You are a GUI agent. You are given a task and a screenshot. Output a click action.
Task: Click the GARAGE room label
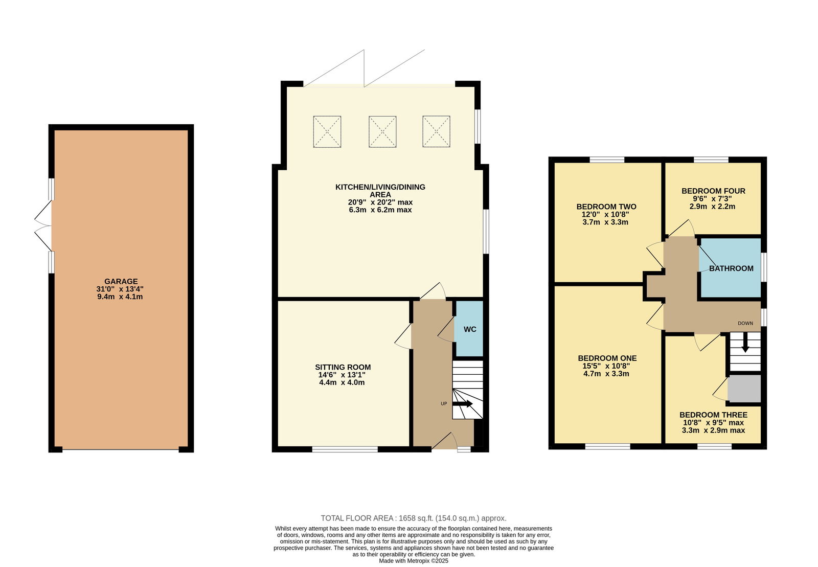click(x=121, y=281)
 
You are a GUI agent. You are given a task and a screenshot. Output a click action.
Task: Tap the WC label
click(x=470, y=329)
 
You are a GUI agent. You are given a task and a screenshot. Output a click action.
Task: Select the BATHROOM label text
click(x=731, y=268)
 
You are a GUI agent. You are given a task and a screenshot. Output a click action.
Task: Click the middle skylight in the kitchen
click(x=382, y=131)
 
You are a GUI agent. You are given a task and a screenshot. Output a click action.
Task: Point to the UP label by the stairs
click(x=444, y=403)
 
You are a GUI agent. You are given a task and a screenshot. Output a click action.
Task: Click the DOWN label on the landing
click(x=745, y=323)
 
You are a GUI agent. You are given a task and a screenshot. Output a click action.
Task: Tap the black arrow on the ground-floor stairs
click(x=463, y=403)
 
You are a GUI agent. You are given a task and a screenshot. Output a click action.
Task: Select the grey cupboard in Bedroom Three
click(x=744, y=389)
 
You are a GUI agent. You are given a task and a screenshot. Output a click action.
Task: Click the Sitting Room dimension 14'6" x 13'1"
click(x=342, y=375)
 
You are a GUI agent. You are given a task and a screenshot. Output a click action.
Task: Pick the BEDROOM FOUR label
click(x=713, y=191)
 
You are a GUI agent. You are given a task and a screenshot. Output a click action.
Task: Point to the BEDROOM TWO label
click(x=606, y=207)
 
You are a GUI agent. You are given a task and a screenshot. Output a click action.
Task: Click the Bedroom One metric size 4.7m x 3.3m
click(x=606, y=374)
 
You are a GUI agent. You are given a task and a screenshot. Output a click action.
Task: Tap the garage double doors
click(x=43, y=225)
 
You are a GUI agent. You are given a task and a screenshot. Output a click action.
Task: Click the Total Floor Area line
click(x=414, y=518)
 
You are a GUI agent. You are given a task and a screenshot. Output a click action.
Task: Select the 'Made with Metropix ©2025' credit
click(x=414, y=561)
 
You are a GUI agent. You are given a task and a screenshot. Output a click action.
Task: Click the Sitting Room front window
click(x=345, y=449)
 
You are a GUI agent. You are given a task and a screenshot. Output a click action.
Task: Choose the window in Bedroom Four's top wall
click(x=711, y=160)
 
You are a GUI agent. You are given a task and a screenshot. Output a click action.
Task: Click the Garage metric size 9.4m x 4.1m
click(x=120, y=297)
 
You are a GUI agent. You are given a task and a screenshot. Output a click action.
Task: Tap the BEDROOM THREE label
click(x=713, y=415)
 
